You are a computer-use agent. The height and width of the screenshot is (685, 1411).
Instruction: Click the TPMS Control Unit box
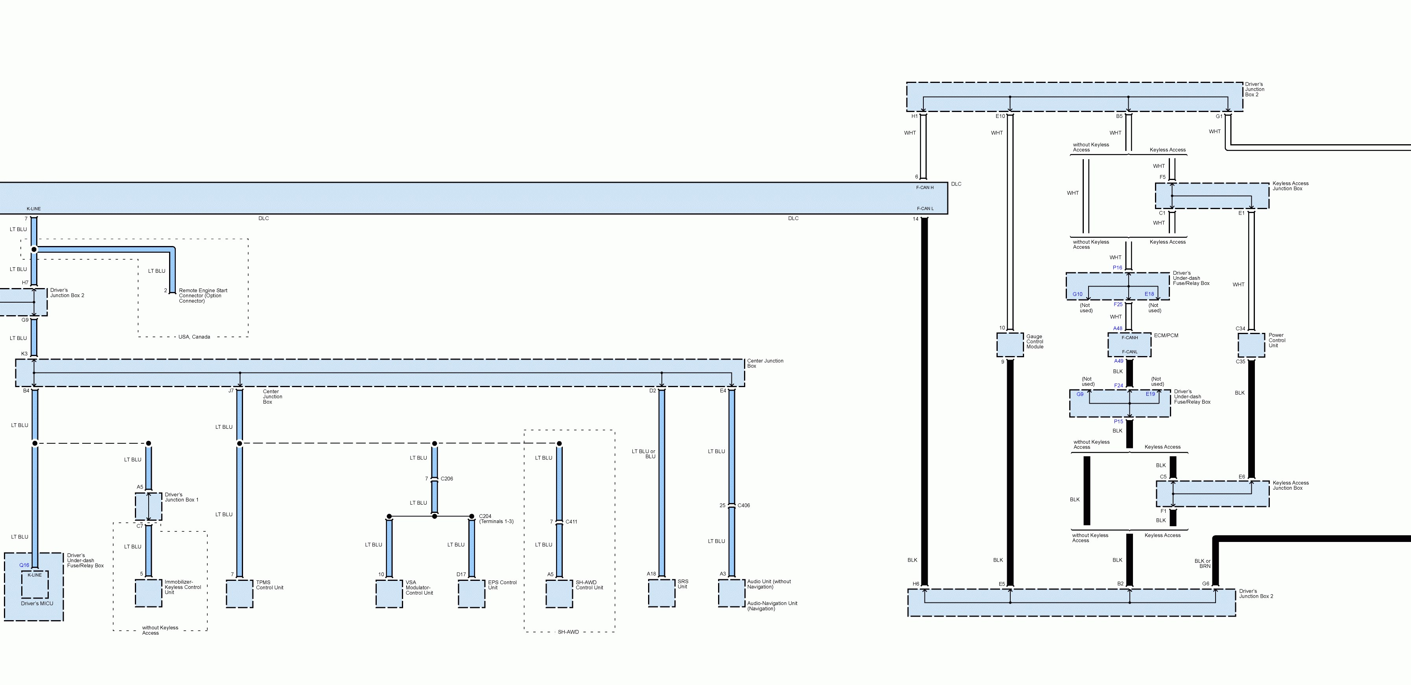[239, 593]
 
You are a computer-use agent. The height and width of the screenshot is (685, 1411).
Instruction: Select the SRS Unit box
[661, 593]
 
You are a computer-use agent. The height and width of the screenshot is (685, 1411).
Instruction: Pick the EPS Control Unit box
[471, 593]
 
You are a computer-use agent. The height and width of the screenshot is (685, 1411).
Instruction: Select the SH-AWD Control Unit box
[559, 593]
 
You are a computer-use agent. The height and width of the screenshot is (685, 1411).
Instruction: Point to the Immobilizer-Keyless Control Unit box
[148, 593]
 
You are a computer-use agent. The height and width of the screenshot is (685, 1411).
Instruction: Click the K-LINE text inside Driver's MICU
[35, 575]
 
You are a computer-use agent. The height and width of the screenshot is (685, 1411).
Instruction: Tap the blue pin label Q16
[24, 565]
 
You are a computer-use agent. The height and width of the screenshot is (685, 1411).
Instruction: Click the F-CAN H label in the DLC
[925, 188]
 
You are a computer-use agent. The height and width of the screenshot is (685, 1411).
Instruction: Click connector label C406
[743, 505]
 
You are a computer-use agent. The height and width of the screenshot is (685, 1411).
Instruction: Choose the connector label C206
[446, 479]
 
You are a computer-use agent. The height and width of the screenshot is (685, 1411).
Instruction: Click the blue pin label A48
[1117, 329]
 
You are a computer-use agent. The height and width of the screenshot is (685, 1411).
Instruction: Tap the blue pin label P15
[1118, 422]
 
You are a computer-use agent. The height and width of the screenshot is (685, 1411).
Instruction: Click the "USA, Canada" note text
[194, 337]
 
